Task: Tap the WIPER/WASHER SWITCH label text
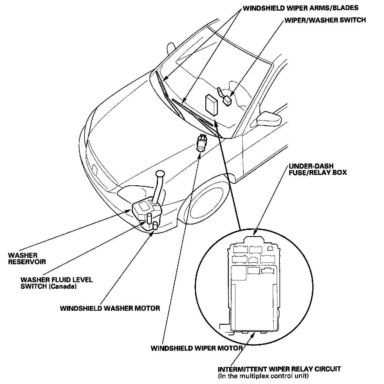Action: pyautogui.click(x=325, y=20)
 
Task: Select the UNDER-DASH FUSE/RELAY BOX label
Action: pyautogui.click(x=317, y=169)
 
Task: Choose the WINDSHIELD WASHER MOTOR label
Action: pyautogui.click(x=110, y=308)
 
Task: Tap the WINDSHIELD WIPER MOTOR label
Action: pyautogui.click(x=196, y=348)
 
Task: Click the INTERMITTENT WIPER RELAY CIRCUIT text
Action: pyautogui.click(x=279, y=369)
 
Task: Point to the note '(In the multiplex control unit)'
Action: pyautogui.click(x=263, y=376)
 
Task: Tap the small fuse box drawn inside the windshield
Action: pyautogui.click(x=211, y=105)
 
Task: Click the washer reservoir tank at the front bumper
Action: pyautogui.click(x=146, y=211)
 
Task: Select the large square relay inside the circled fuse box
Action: pyautogui.click(x=238, y=273)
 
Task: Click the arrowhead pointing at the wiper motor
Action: pyautogui.click(x=200, y=156)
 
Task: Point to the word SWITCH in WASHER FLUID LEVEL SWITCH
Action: pyautogui.click(x=32, y=286)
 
